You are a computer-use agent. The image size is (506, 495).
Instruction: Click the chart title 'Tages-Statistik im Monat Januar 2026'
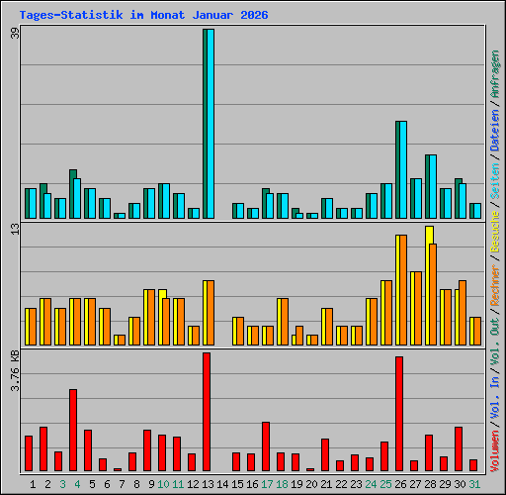[x=143, y=16]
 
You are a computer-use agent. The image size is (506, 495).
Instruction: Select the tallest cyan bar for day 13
[x=209, y=124]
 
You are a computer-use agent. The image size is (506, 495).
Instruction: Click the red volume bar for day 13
[x=207, y=412]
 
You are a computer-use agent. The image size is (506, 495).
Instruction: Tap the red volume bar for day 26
[x=399, y=414]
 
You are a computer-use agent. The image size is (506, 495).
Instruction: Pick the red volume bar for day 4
[x=73, y=430]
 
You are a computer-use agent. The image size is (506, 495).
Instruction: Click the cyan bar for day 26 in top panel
[x=401, y=169]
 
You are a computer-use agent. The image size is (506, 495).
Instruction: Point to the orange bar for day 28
[x=433, y=294]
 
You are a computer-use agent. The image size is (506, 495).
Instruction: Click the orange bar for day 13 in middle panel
[x=209, y=312]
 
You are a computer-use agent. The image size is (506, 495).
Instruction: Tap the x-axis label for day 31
[x=474, y=484]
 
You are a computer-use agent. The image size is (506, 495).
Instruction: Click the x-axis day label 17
[x=267, y=484]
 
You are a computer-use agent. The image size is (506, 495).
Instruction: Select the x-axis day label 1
[x=33, y=484]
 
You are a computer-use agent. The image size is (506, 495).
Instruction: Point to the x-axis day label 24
[x=371, y=484]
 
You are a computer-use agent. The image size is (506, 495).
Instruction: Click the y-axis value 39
[x=14, y=33]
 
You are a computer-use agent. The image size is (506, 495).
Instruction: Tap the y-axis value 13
[x=14, y=230]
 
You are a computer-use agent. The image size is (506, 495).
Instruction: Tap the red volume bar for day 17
[x=266, y=446]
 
